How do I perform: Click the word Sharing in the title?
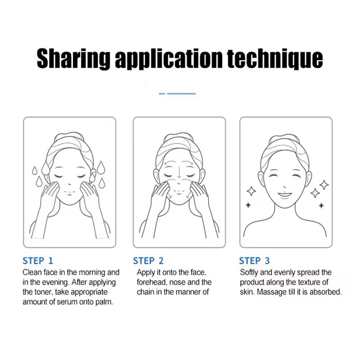(x=73, y=58)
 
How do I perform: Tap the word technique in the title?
(x=275, y=58)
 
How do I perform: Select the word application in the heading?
(x=169, y=58)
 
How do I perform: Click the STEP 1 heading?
(x=38, y=261)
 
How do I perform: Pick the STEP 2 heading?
(x=148, y=261)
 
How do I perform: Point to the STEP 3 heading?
(x=254, y=261)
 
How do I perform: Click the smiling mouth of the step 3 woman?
(x=285, y=195)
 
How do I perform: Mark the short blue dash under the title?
(x=162, y=94)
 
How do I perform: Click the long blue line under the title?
(x=181, y=94)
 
